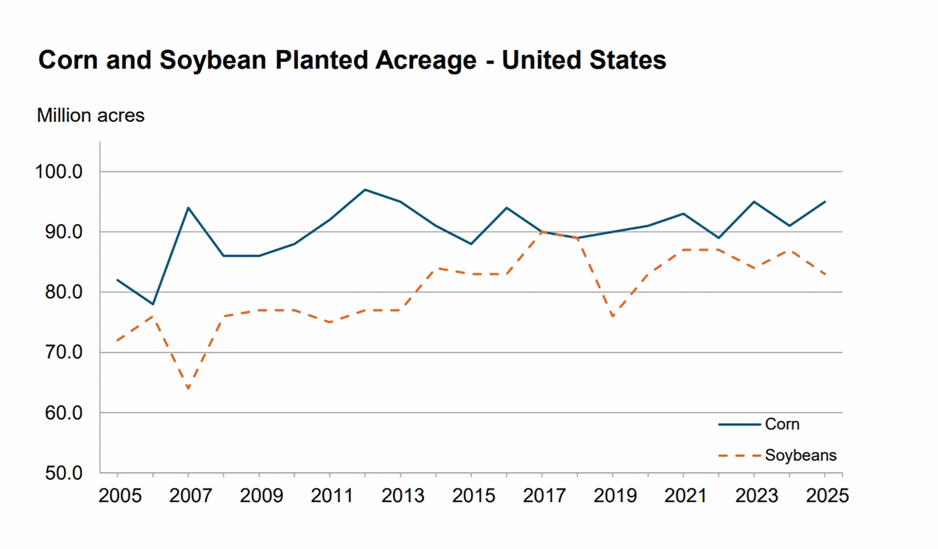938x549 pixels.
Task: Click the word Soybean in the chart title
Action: tap(213, 60)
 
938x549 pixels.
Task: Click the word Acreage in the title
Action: tap(426, 60)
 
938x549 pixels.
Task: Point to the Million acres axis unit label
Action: tap(91, 116)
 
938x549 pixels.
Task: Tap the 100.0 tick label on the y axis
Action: tap(59, 172)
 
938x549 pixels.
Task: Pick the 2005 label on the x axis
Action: tap(120, 496)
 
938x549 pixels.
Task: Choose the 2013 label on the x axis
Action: tap(402, 496)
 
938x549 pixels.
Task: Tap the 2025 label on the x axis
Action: tap(827, 496)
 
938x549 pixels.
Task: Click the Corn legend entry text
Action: tap(782, 424)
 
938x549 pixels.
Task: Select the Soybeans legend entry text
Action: tap(801, 455)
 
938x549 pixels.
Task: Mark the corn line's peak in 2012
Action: tap(365, 189)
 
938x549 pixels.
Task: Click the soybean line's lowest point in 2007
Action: tap(188, 389)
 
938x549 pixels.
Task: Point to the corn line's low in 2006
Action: tap(153, 304)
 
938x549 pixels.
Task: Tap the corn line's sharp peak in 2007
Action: tap(188, 207)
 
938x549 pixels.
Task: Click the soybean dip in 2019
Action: tap(613, 317)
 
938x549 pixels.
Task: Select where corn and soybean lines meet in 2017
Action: tap(542, 232)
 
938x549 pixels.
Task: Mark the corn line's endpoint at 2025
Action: tap(825, 202)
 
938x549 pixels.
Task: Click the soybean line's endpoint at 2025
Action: tap(825, 274)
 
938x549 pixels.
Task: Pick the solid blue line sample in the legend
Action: tap(739, 424)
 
